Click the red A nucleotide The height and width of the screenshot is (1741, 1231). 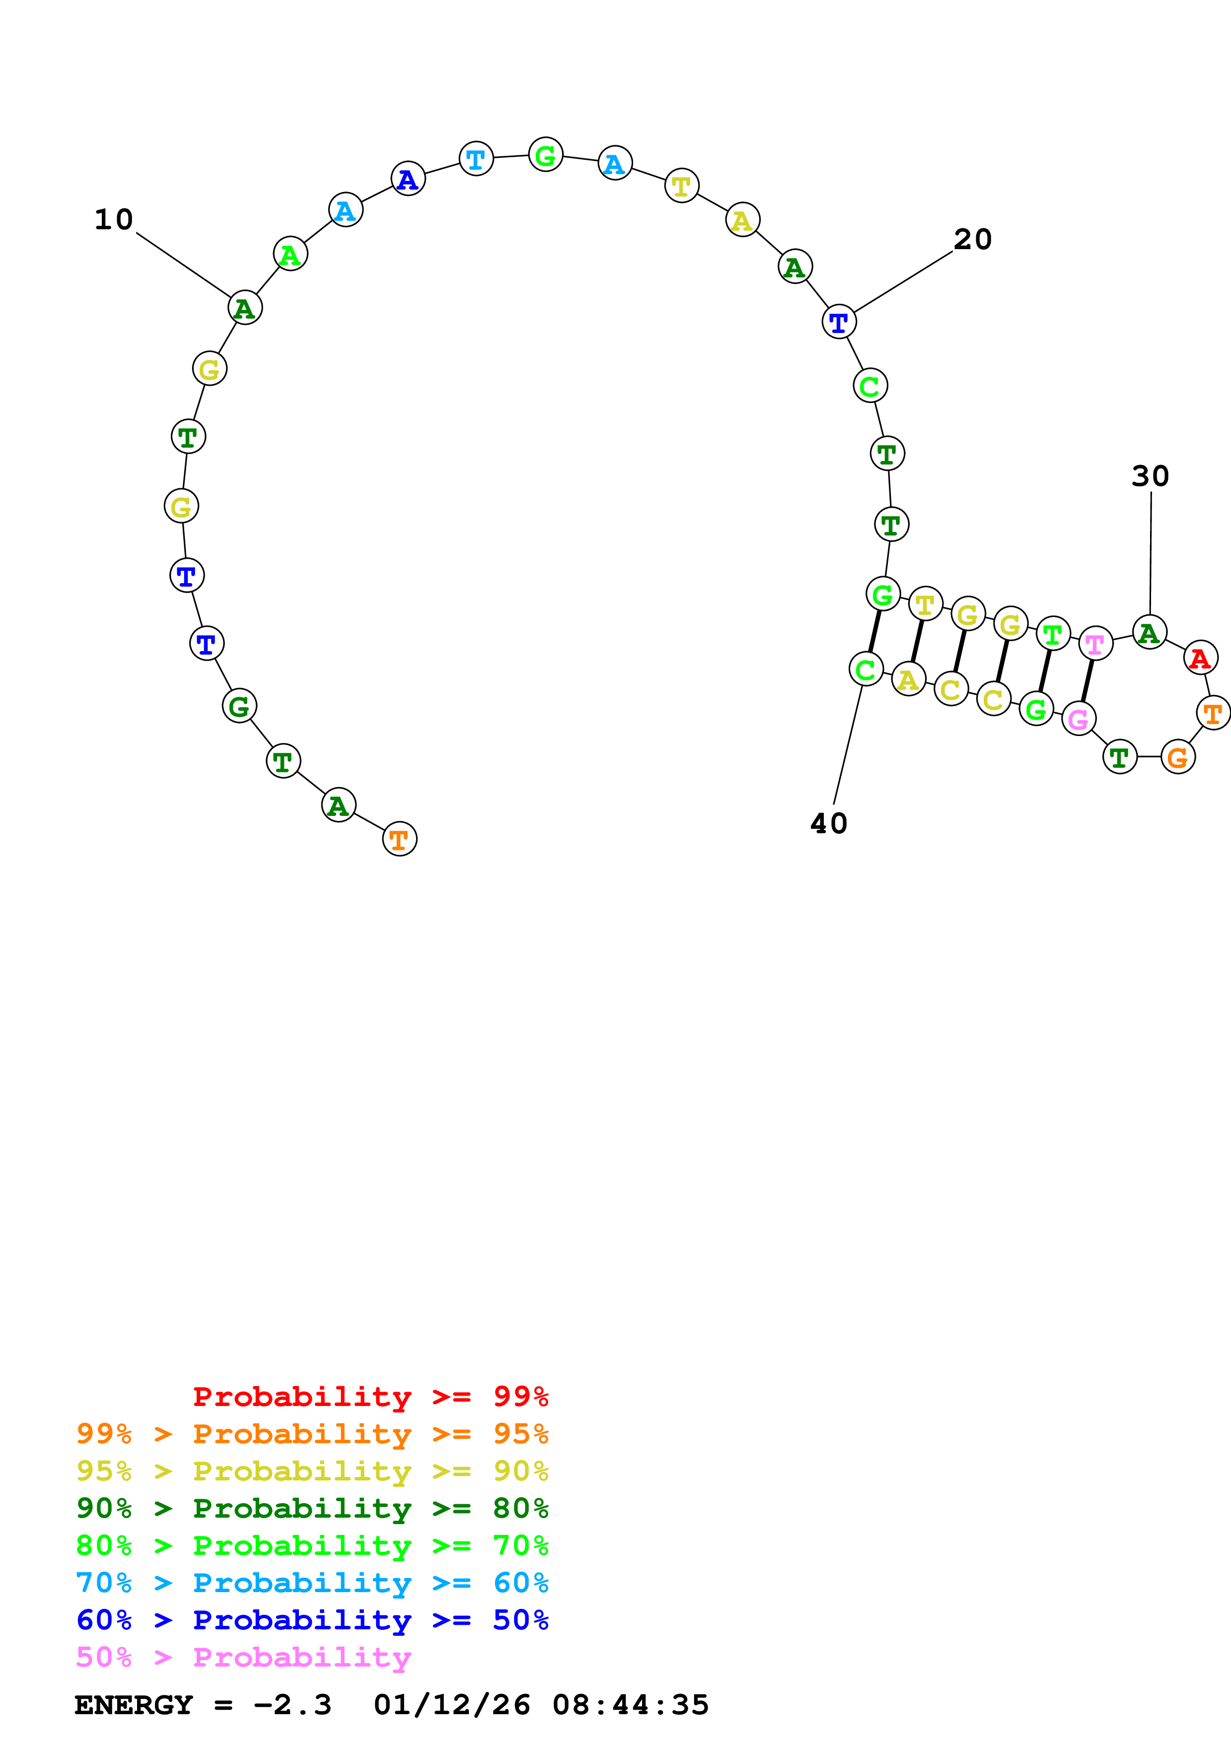[1200, 658]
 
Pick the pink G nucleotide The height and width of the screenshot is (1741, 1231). [1078, 718]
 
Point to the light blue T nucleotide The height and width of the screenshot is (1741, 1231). [476, 158]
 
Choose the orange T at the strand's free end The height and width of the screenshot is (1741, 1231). [400, 839]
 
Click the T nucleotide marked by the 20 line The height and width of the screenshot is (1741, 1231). [839, 322]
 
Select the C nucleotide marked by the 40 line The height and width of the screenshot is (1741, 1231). [866, 669]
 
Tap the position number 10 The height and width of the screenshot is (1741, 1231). [114, 220]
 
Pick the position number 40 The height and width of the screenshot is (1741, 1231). [828, 823]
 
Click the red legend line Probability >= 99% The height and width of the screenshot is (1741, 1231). [370, 1397]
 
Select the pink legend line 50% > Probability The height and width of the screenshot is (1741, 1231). [243, 1657]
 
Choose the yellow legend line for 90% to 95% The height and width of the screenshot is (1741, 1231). [312, 1471]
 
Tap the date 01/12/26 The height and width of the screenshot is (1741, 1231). [452, 1705]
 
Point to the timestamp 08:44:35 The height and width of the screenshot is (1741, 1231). [630, 1705]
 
